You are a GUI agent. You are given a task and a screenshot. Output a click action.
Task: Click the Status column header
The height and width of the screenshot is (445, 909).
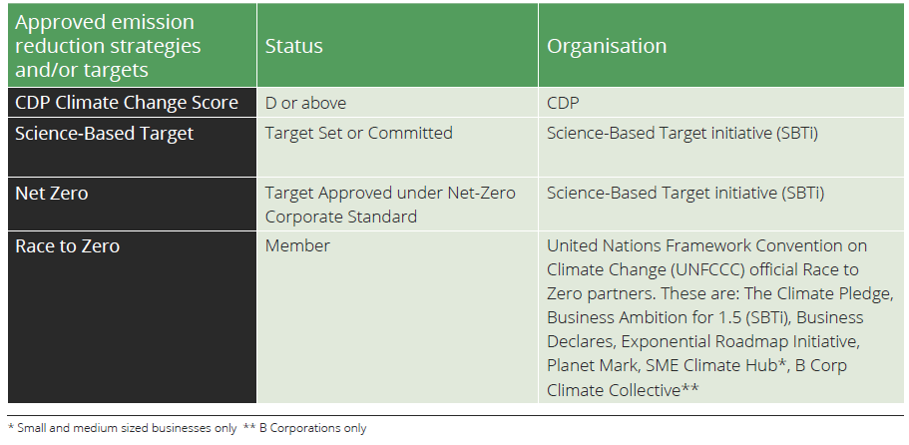(x=294, y=46)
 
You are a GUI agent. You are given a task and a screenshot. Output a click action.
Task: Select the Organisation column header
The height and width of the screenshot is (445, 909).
(x=607, y=46)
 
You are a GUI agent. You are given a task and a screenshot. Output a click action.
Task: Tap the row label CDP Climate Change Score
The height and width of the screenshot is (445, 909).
(x=127, y=103)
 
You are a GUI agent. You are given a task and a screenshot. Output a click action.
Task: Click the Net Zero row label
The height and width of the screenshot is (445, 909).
(x=52, y=193)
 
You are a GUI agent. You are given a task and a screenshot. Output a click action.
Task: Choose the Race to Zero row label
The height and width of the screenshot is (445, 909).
(x=67, y=246)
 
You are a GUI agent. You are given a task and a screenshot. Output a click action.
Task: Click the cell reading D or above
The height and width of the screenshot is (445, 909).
(x=305, y=103)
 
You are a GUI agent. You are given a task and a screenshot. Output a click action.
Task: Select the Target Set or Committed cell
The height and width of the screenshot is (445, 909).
(x=359, y=134)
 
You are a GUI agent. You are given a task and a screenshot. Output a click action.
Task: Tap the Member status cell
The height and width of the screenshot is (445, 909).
(x=297, y=245)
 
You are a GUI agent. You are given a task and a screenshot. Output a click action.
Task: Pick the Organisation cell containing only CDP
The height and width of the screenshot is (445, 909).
(x=563, y=103)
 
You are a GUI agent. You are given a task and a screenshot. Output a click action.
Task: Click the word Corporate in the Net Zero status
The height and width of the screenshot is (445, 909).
(x=302, y=217)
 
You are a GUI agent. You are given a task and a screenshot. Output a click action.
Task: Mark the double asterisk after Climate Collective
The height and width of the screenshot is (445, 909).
(x=689, y=387)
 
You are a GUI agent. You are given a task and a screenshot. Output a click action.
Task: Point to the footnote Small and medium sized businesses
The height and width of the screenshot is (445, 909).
(x=123, y=428)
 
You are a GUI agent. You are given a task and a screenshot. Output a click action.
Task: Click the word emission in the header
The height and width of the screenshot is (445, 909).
(x=156, y=22)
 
